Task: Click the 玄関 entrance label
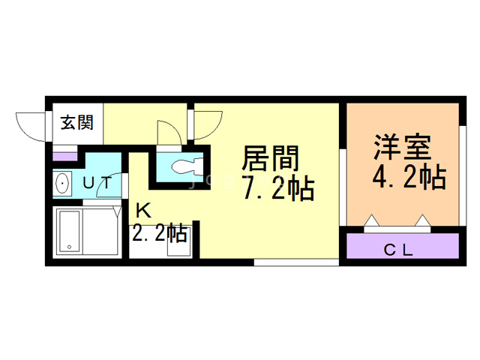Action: (x=76, y=122)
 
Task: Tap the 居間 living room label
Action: (x=270, y=158)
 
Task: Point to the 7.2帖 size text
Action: (x=279, y=187)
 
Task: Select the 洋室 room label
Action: (x=402, y=147)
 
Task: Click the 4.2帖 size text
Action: (x=409, y=177)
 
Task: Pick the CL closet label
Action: (x=398, y=250)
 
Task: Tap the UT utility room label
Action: (x=97, y=183)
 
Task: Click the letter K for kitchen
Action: (x=143, y=210)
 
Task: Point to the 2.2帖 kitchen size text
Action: (x=159, y=233)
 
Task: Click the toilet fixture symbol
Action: (x=187, y=167)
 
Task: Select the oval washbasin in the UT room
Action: (x=62, y=183)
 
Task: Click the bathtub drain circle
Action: (x=70, y=247)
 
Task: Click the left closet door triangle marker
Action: (x=372, y=220)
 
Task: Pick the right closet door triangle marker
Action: (x=423, y=220)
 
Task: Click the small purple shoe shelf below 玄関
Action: (x=65, y=157)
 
